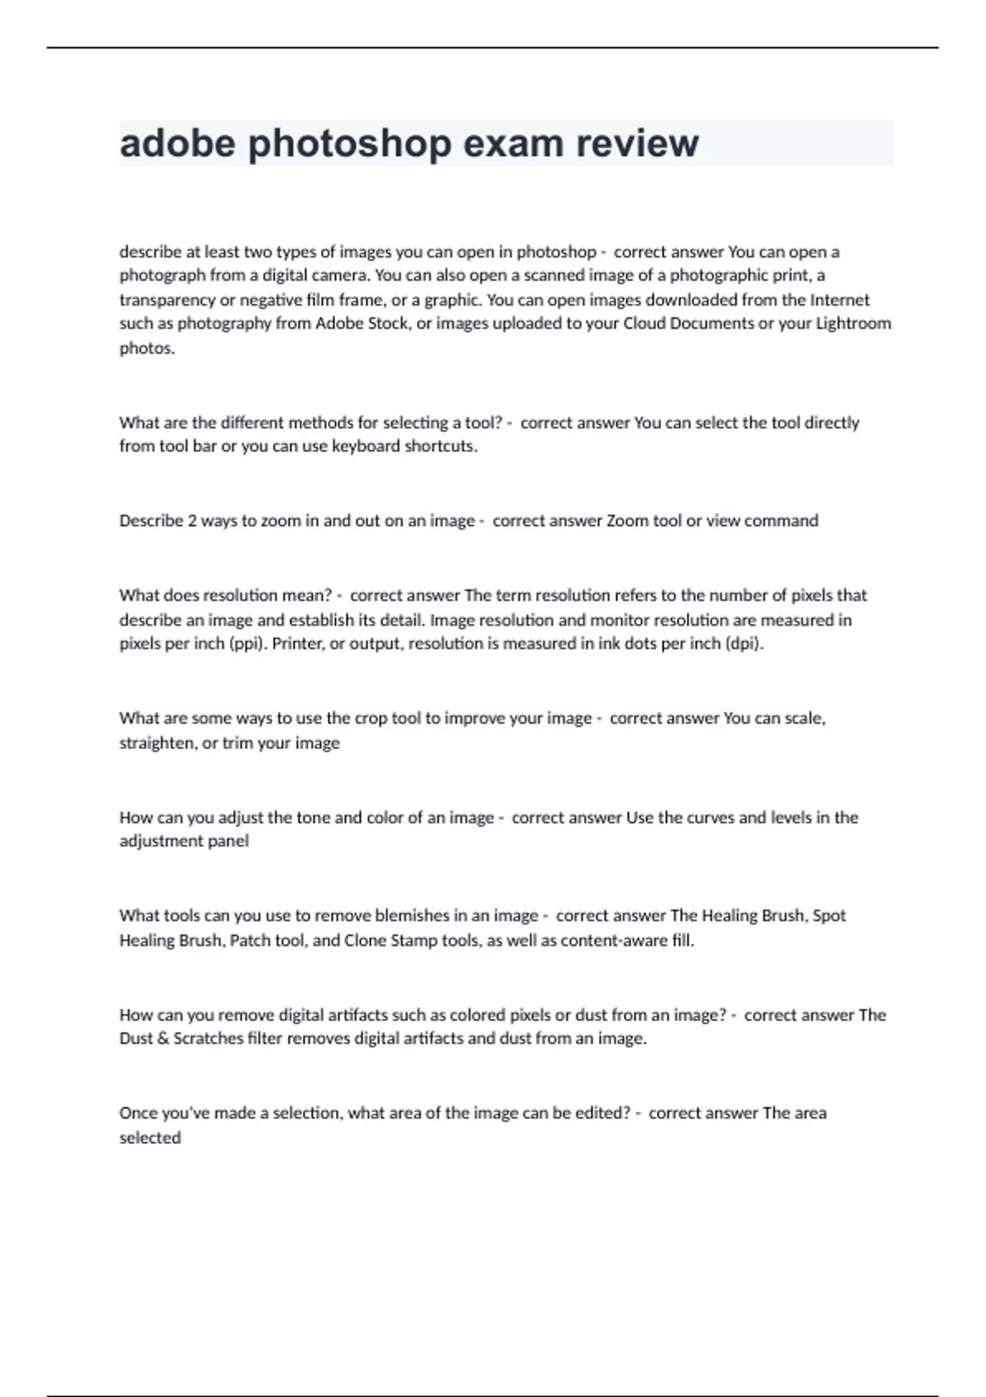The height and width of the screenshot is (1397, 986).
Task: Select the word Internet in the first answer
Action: click(x=840, y=299)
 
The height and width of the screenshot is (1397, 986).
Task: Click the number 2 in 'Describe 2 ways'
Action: click(x=192, y=520)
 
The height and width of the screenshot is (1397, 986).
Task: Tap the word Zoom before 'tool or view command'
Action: click(x=628, y=520)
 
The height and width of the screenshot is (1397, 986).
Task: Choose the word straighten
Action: click(x=158, y=743)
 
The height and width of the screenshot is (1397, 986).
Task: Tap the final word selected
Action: click(x=150, y=1138)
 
